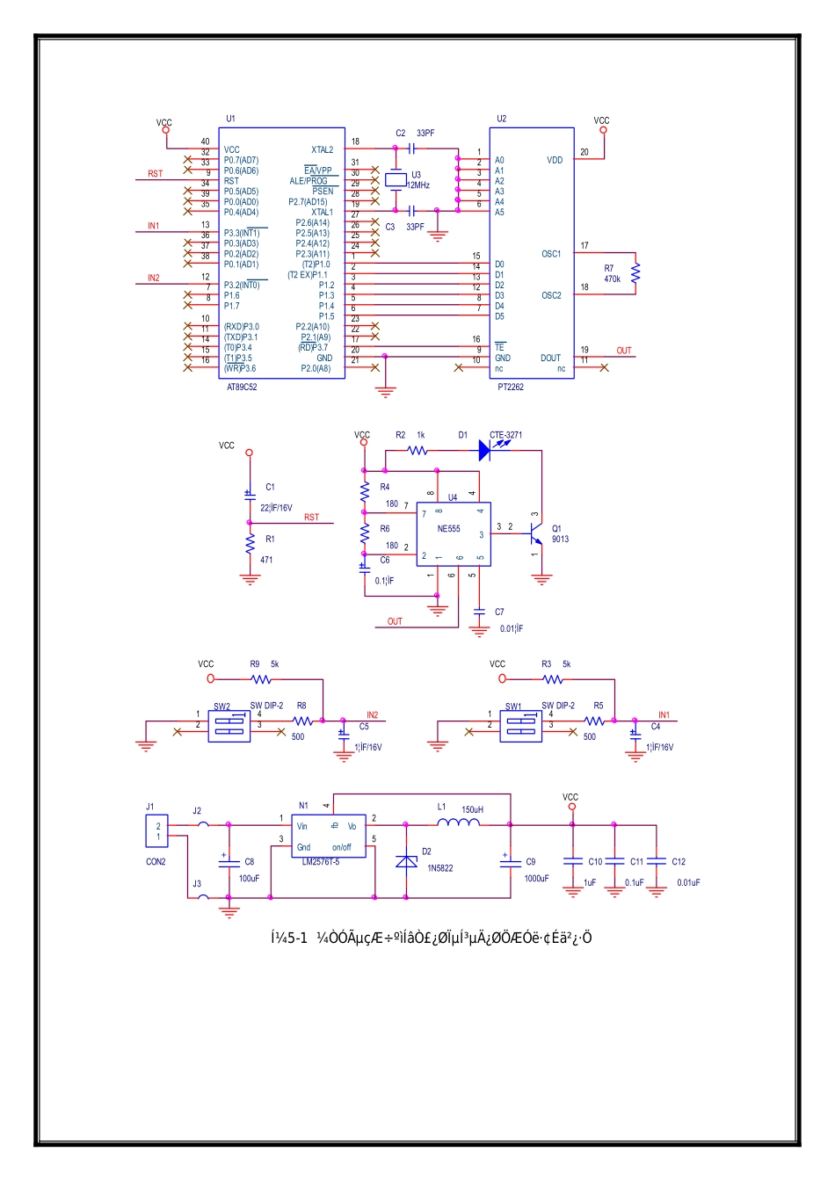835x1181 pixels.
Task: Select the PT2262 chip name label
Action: [510, 387]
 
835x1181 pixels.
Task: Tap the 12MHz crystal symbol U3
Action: [396, 180]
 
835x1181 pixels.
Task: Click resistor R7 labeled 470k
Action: [635, 273]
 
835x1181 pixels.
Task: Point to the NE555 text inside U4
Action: [448, 529]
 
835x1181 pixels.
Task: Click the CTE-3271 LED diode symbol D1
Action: [484, 450]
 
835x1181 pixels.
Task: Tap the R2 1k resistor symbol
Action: [417, 450]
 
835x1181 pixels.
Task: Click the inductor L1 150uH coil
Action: [459, 823]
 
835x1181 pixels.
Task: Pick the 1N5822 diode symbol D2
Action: [406, 862]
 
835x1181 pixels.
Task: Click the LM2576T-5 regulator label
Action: [320, 861]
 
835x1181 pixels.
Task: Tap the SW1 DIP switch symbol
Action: [520, 726]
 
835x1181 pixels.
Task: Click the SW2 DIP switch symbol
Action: [229, 726]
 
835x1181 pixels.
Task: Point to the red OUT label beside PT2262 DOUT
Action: [623, 351]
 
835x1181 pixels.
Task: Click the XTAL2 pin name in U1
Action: [322, 150]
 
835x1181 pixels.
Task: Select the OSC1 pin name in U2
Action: [551, 254]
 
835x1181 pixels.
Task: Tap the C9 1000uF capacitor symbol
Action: [510, 862]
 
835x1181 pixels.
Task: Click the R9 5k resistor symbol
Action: [261, 679]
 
